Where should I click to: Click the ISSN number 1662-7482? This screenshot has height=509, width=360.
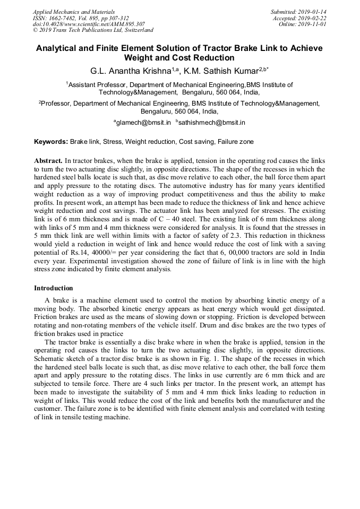(68, 18)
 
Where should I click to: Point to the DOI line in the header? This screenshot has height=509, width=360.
(89, 24)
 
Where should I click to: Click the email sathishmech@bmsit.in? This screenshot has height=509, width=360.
(212, 123)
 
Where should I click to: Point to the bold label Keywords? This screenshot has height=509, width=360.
(51, 142)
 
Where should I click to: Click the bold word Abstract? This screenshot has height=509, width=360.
(48, 160)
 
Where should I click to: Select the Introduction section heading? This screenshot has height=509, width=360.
(54, 288)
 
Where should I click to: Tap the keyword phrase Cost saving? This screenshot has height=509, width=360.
(196, 142)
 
